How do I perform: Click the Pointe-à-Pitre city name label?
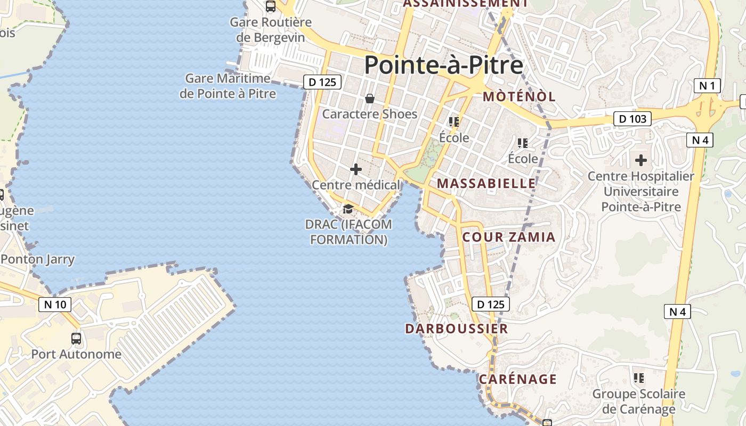pyautogui.click(x=443, y=65)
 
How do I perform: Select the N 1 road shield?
pyautogui.click(x=707, y=85)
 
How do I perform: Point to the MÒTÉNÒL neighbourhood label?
pyautogui.click(x=519, y=96)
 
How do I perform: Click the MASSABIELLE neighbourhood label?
pyautogui.click(x=486, y=183)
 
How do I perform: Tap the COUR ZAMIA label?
pyautogui.click(x=509, y=237)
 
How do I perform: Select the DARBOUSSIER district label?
pyautogui.click(x=457, y=329)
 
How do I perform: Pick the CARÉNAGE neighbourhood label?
pyautogui.click(x=517, y=379)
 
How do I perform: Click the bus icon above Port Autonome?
pyautogui.click(x=76, y=338)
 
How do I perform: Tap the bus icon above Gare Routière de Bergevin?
pyautogui.click(x=271, y=6)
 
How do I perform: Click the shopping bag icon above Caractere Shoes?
pyautogui.click(x=370, y=99)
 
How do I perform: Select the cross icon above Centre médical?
pyautogui.click(x=355, y=169)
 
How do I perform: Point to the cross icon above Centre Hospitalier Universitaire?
pyautogui.click(x=640, y=160)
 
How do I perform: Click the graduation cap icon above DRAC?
pyautogui.click(x=348, y=209)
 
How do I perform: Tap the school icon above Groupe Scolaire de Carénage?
pyautogui.click(x=638, y=378)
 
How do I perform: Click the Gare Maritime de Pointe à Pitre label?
pyautogui.click(x=228, y=86)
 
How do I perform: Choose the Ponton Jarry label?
pyautogui.click(x=38, y=259)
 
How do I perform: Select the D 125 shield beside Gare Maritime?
pyautogui.click(x=322, y=82)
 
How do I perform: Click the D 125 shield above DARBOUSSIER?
pyautogui.click(x=491, y=304)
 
